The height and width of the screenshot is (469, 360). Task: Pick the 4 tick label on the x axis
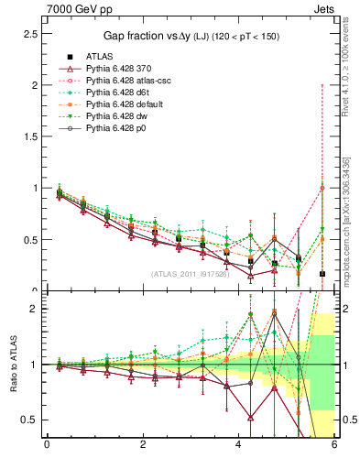tap(239, 445)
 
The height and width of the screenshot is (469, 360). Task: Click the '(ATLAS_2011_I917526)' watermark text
tap(190, 274)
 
